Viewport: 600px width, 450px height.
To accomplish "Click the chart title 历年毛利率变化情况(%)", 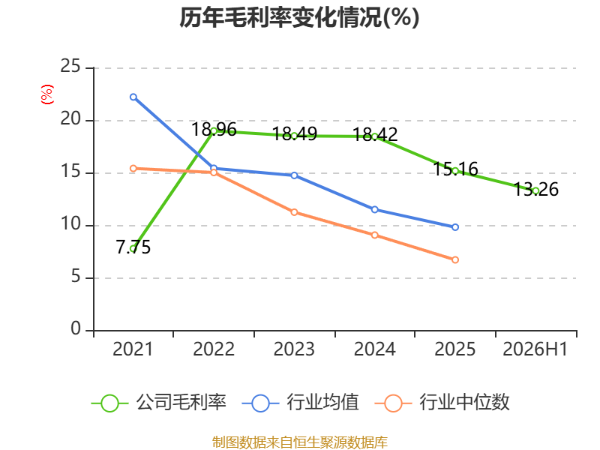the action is pyautogui.click(x=299, y=17).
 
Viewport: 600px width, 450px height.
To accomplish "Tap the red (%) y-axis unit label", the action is pyautogui.click(x=47, y=94).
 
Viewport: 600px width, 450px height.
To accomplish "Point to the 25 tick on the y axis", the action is pyautogui.click(x=70, y=67).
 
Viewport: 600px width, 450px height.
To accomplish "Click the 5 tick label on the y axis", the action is pyautogui.click(x=76, y=276).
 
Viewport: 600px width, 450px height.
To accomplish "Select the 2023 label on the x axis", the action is pyautogui.click(x=294, y=349).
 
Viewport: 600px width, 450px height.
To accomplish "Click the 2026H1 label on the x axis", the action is pyautogui.click(x=535, y=349).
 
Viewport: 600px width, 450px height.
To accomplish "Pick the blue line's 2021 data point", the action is pyautogui.click(x=133, y=97).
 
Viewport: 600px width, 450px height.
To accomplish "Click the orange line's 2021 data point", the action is pyautogui.click(x=133, y=168).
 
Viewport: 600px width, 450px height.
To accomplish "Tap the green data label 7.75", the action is pyautogui.click(x=133, y=247).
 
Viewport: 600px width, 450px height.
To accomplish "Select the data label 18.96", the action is pyautogui.click(x=214, y=129).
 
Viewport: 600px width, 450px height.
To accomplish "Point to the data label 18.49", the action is pyautogui.click(x=295, y=134).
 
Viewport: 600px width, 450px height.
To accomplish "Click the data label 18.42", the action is pyautogui.click(x=375, y=134).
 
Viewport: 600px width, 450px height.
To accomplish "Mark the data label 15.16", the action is pyautogui.click(x=455, y=169).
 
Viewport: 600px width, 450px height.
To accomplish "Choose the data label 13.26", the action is pyautogui.click(x=535, y=189).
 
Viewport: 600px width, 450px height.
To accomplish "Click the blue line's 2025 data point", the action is pyautogui.click(x=455, y=227).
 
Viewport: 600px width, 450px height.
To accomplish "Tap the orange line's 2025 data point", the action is pyautogui.click(x=455, y=259).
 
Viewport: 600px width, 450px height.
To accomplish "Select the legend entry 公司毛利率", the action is pyautogui.click(x=159, y=403).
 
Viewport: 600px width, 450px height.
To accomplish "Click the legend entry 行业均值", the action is pyautogui.click(x=301, y=403).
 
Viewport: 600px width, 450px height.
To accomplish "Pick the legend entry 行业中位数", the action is pyautogui.click(x=442, y=403).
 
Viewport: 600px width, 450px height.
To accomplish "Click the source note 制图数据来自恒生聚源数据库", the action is pyautogui.click(x=299, y=442).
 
